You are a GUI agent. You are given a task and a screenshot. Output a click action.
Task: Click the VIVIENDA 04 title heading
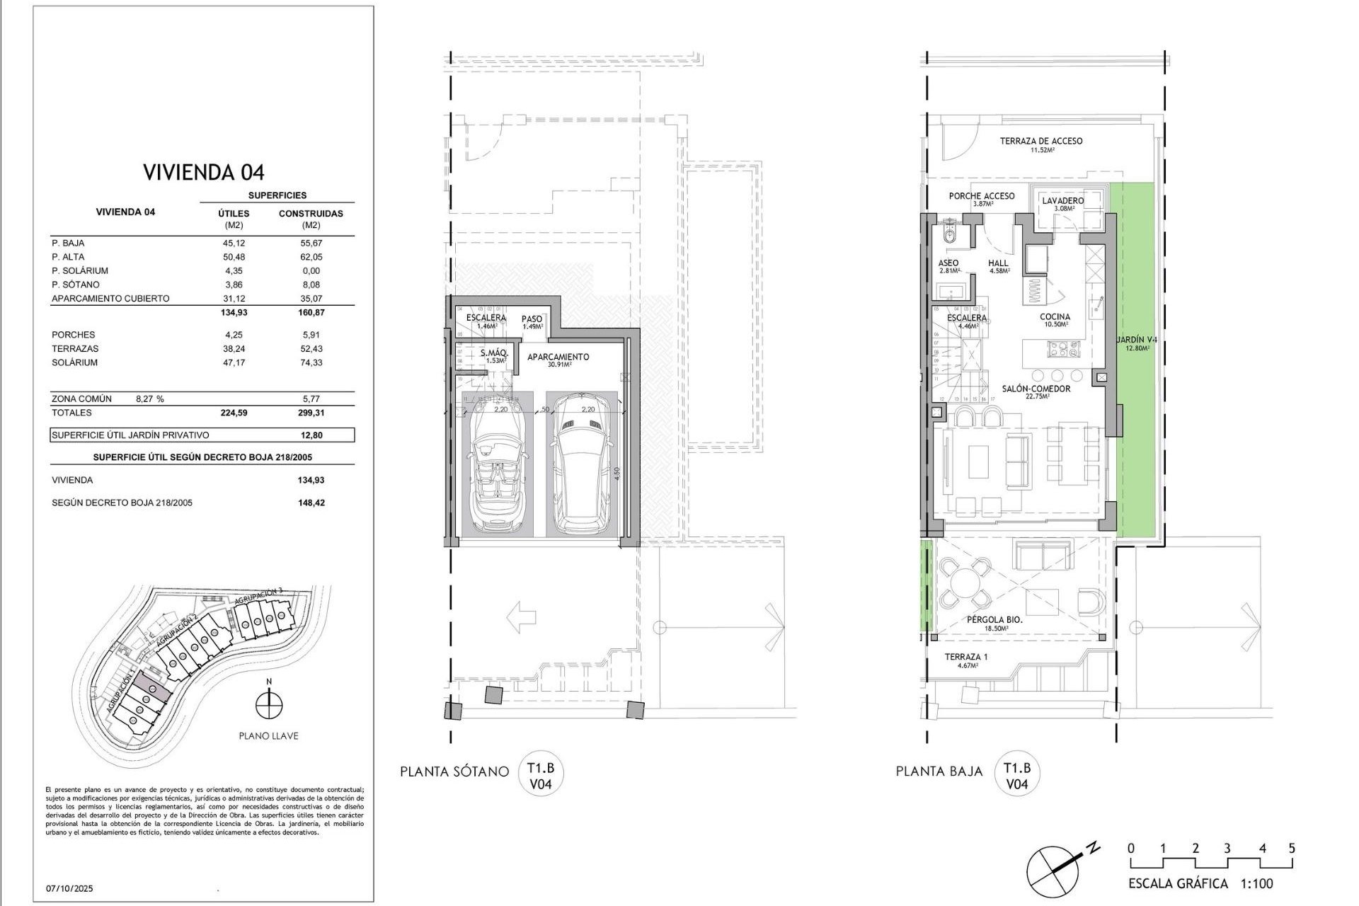coord(204,172)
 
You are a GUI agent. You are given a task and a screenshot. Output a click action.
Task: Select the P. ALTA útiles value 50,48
coord(234,257)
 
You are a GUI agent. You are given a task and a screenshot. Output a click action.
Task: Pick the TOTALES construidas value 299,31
coord(311,413)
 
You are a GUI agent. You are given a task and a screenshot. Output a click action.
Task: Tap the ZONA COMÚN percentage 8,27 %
coord(149,399)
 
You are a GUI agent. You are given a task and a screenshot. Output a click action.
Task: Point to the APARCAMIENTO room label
coord(558,357)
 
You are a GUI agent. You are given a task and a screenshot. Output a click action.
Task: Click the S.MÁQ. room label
coord(494,353)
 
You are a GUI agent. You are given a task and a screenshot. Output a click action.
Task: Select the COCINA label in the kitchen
coord(1055,317)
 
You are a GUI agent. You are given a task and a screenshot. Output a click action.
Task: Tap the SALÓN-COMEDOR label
coord(1036,389)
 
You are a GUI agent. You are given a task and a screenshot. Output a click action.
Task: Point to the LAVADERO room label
coord(1062,201)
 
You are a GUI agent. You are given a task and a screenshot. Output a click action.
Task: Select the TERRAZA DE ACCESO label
coord(1041,141)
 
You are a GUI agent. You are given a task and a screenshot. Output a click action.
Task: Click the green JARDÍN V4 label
coord(1137,340)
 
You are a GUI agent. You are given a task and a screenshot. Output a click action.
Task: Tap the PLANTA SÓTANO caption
coord(454,772)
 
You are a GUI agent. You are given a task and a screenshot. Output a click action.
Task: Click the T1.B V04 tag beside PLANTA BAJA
coord(1017,776)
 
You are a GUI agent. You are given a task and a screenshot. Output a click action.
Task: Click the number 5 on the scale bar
coord(1292,848)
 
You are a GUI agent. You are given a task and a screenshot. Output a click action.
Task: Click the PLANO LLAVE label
coord(268,736)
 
